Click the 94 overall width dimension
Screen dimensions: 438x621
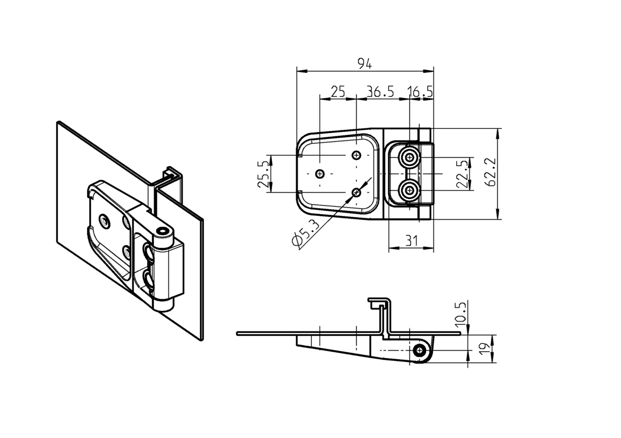pos(364,64)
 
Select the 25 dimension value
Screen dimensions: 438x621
pos(338,92)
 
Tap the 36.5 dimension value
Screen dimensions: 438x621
pos(380,92)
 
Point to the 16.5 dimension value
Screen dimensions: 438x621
pos(421,92)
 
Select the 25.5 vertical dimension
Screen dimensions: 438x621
pos(263,174)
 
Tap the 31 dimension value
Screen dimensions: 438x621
pos(411,241)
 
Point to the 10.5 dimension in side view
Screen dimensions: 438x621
pos(461,313)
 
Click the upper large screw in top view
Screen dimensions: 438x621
pos(409,158)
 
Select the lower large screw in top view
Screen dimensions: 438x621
pos(409,189)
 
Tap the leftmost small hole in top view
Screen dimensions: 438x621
pos(320,173)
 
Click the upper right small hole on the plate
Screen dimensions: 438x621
pos(356,155)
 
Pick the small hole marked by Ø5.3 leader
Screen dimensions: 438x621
pos(356,192)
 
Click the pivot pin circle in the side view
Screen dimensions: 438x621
pos(421,350)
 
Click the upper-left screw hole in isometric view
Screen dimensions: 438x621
pos(105,220)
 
